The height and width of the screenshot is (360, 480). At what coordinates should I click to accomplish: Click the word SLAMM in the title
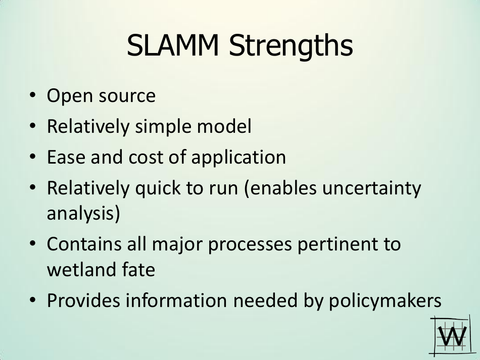173,45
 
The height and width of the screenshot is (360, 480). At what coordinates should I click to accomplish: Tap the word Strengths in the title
291,46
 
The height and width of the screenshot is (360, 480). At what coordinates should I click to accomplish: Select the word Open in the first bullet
70,96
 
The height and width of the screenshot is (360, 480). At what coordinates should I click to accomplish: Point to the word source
127,96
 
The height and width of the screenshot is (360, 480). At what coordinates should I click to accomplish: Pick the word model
224,126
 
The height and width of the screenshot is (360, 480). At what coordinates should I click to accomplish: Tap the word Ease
66,157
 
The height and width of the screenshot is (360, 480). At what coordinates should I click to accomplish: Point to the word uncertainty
372,188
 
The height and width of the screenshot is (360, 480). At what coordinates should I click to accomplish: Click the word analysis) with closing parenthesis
83,214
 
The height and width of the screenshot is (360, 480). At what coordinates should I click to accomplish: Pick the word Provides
83,300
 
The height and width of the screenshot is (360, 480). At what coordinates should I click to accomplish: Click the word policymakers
385,301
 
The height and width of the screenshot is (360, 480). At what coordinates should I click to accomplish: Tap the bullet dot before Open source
33,95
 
